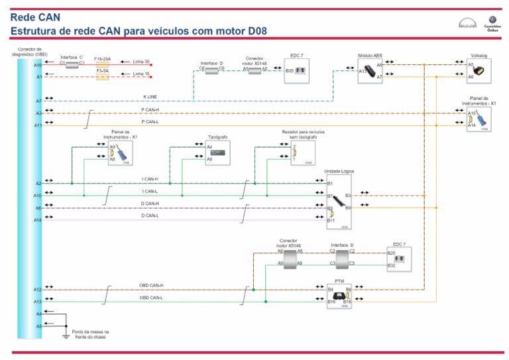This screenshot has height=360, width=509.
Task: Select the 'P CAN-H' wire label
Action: (150, 109)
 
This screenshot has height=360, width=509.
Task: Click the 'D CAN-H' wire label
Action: (150, 204)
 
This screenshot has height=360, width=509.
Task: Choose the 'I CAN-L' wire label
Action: (150, 191)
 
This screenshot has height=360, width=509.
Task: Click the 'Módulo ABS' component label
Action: (370, 56)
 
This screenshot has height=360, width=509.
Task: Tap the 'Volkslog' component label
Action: (479, 56)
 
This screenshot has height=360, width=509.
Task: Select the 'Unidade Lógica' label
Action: (339, 171)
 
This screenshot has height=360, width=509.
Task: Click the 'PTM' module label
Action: (339, 281)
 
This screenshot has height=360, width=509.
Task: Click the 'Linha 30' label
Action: (141, 62)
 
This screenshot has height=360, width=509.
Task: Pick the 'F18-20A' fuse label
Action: (102, 58)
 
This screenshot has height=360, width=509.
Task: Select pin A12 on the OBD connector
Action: (38, 290)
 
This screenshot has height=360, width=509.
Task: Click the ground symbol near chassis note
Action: (65, 336)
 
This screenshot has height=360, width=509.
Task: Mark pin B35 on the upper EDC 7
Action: (290, 70)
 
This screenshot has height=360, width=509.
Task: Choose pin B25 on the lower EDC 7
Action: (391, 253)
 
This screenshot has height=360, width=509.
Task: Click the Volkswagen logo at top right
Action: (492, 20)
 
